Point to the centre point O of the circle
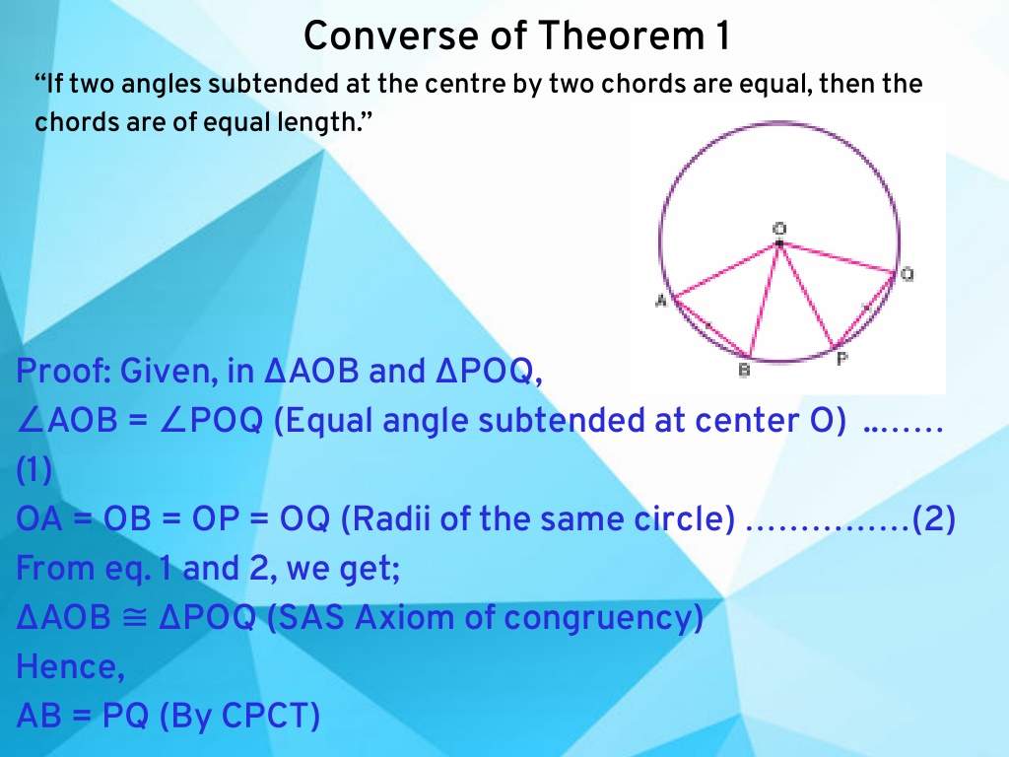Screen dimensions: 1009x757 coord(779,243)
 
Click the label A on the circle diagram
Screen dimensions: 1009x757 coord(661,300)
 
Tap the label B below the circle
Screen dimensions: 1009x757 coord(745,371)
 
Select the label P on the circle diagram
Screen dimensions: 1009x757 coord(841,359)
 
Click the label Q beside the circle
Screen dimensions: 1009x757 coord(907,275)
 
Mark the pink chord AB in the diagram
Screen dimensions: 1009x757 coord(712,327)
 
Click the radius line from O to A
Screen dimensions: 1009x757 coord(726,270)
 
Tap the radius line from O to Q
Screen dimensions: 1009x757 coord(838,258)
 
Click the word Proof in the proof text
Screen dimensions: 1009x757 coord(59,372)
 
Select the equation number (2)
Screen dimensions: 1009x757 coord(934,519)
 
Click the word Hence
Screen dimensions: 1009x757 coord(70,666)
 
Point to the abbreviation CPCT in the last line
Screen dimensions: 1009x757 coord(265,716)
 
